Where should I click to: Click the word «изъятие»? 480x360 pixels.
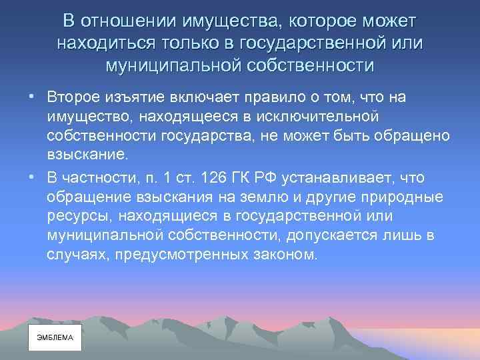pyautogui.click(x=139, y=98)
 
